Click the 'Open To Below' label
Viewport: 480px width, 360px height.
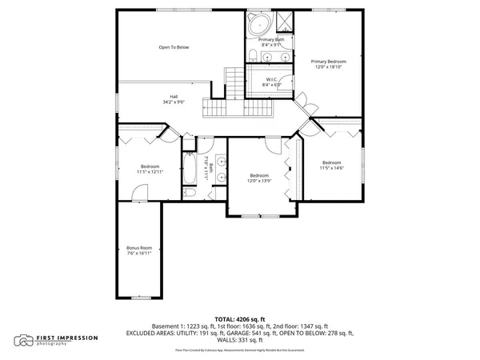click(x=174, y=47)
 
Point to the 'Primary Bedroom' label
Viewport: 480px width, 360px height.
click(x=328, y=61)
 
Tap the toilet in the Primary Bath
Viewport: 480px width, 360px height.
click(x=251, y=54)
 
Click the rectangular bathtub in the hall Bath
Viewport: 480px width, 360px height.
click(x=190, y=169)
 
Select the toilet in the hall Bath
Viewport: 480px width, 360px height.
click(x=190, y=193)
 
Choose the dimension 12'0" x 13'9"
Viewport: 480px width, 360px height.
click(x=258, y=180)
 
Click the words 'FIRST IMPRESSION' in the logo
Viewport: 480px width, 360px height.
click(x=67, y=337)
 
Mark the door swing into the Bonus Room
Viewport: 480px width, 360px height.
click(x=140, y=192)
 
